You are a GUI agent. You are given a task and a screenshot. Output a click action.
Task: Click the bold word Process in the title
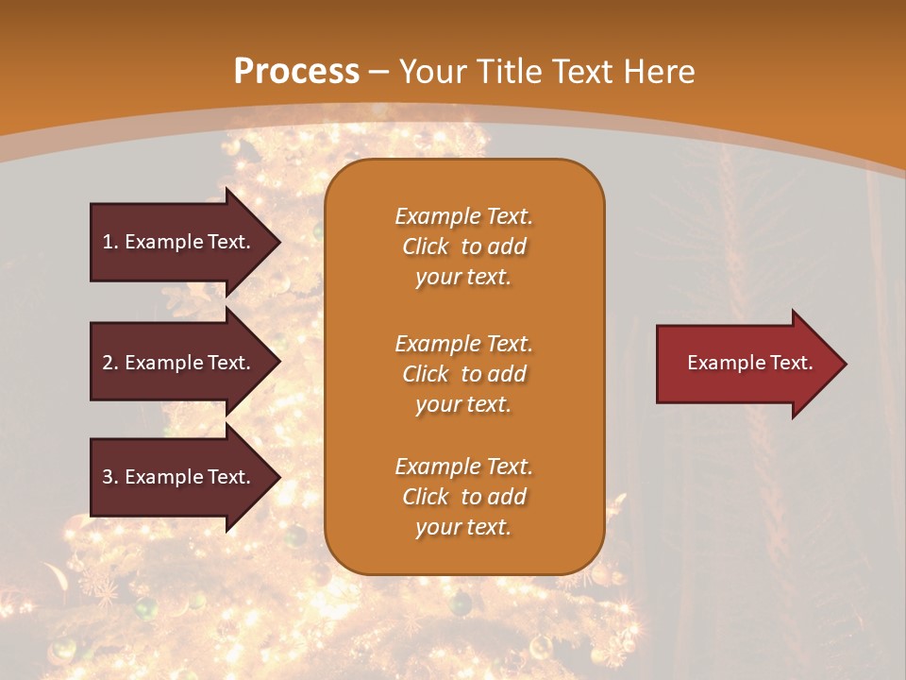[x=296, y=72]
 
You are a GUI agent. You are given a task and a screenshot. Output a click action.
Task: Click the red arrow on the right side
[x=746, y=364]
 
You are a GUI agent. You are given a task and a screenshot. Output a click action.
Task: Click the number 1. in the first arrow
[x=110, y=242]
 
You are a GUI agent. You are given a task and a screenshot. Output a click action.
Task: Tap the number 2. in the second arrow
[x=110, y=363]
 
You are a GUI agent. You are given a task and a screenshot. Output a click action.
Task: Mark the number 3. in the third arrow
[x=110, y=477]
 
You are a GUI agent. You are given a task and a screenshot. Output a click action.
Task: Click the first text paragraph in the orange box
[x=463, y=246]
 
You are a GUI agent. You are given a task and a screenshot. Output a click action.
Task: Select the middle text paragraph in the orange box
[x=463, y=374]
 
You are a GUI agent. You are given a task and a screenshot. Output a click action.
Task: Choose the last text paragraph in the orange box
[x=463, y=497]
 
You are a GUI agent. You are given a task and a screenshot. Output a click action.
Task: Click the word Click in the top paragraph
[x=426, y=246]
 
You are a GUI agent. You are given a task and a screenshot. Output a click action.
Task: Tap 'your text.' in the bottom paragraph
[x=463, y=527]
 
